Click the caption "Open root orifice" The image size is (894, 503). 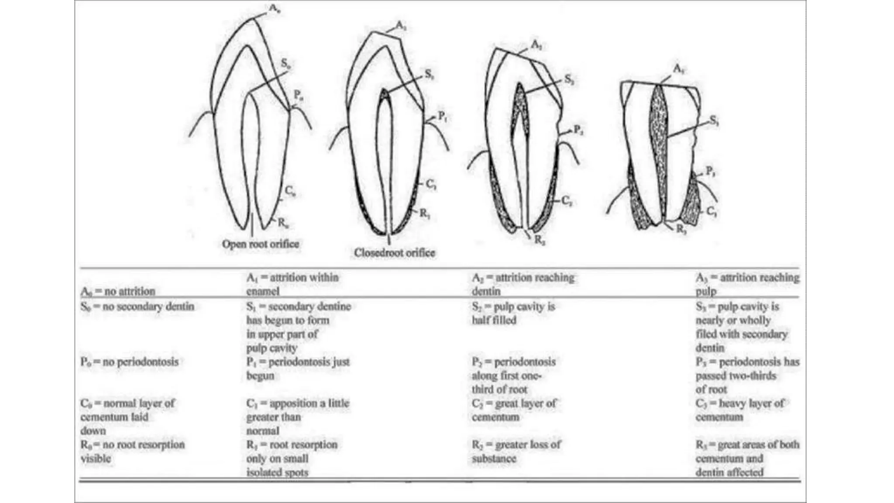[261, 244]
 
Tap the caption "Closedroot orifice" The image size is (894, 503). [394, 252]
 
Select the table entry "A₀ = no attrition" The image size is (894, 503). [118, 291]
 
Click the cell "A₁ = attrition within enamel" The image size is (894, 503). [292, 284]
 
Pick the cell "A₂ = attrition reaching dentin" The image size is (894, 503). [523, 284]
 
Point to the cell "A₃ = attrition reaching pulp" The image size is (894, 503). [747, 284]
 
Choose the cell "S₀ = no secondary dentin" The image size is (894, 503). [137, 307]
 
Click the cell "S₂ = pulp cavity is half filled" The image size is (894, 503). [513, 313]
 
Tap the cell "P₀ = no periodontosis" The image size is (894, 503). [129, 362]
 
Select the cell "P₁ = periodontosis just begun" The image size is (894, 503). [297, 369]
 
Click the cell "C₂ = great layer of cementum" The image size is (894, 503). [514, 410]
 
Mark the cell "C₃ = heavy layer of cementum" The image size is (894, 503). [739, 410]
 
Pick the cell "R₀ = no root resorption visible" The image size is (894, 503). [132, 451]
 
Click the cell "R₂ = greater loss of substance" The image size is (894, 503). [516, 451]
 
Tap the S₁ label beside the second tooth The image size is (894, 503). [430, 75]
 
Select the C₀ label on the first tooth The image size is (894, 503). [290, 191]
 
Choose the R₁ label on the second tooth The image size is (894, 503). [424, 214]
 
